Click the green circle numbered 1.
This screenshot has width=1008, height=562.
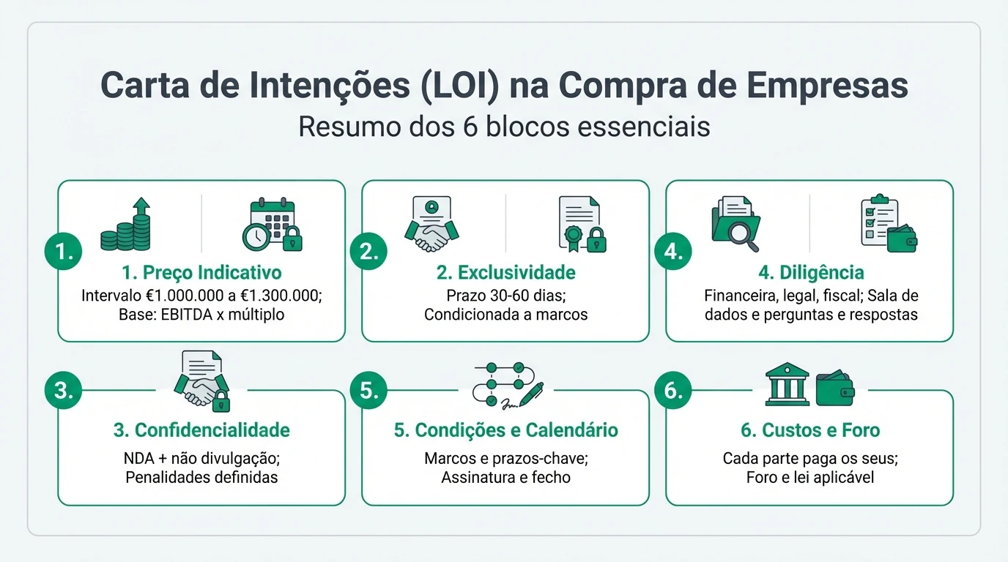click(x=63, y=252)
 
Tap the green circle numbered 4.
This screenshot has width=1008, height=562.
click(x=672, y=252)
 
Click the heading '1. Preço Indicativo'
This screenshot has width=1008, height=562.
click(x=201, y=273)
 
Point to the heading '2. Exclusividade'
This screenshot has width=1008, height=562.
click(x=505, y=273)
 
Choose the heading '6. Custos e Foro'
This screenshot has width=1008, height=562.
click(x=809, y=430)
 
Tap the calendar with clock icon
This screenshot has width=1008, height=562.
click(x=273, y=225)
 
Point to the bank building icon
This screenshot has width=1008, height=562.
click(x=787, y=385)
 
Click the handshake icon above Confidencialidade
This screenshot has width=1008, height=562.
click(x=201, y=380)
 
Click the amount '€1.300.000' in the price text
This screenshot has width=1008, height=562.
click(x=284, y=296)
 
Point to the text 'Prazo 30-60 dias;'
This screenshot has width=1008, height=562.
click(x=505, y=296)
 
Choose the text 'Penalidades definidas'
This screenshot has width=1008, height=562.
click(x=201, y=478)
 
